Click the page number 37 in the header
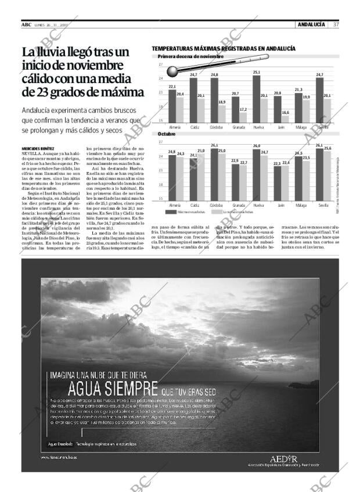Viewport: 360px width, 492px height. [x=336, y=24]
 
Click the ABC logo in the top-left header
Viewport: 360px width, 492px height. [x=26, y=24]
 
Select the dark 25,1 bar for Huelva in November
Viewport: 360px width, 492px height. [x=257, y=99]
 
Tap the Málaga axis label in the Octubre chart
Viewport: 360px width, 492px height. [x=301, y=206]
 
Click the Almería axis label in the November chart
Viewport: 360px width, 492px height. [x=175, y=127]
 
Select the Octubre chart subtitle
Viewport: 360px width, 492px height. [x=167, y=134]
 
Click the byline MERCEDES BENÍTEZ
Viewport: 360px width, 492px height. [x=38, y=149]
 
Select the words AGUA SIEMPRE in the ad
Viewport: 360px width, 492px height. [x=113, y=388]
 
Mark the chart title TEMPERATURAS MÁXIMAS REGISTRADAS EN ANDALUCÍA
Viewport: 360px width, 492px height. [x=224, y=49]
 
